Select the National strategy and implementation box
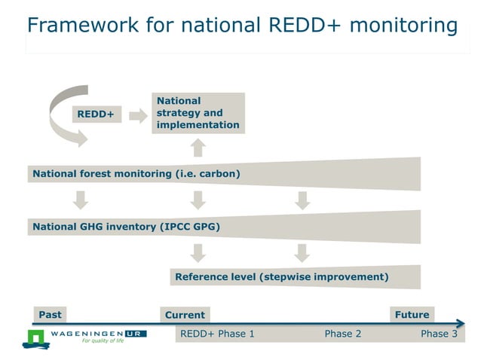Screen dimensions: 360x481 198,113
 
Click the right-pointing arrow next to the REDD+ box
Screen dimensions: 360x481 137,115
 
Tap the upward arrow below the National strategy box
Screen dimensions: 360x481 198,145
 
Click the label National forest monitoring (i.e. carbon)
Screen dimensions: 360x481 136,174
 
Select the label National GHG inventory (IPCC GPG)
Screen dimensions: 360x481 126,225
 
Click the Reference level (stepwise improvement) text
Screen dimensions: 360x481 281,276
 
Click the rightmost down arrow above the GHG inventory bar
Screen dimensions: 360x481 302,200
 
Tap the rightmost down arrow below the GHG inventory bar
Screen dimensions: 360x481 302,252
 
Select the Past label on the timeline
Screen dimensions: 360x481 51,314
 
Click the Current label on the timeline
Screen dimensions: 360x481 185,315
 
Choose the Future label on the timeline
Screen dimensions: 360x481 412,314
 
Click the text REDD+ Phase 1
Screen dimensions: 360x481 217,334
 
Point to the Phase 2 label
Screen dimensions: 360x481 342,334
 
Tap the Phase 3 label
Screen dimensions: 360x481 439,334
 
